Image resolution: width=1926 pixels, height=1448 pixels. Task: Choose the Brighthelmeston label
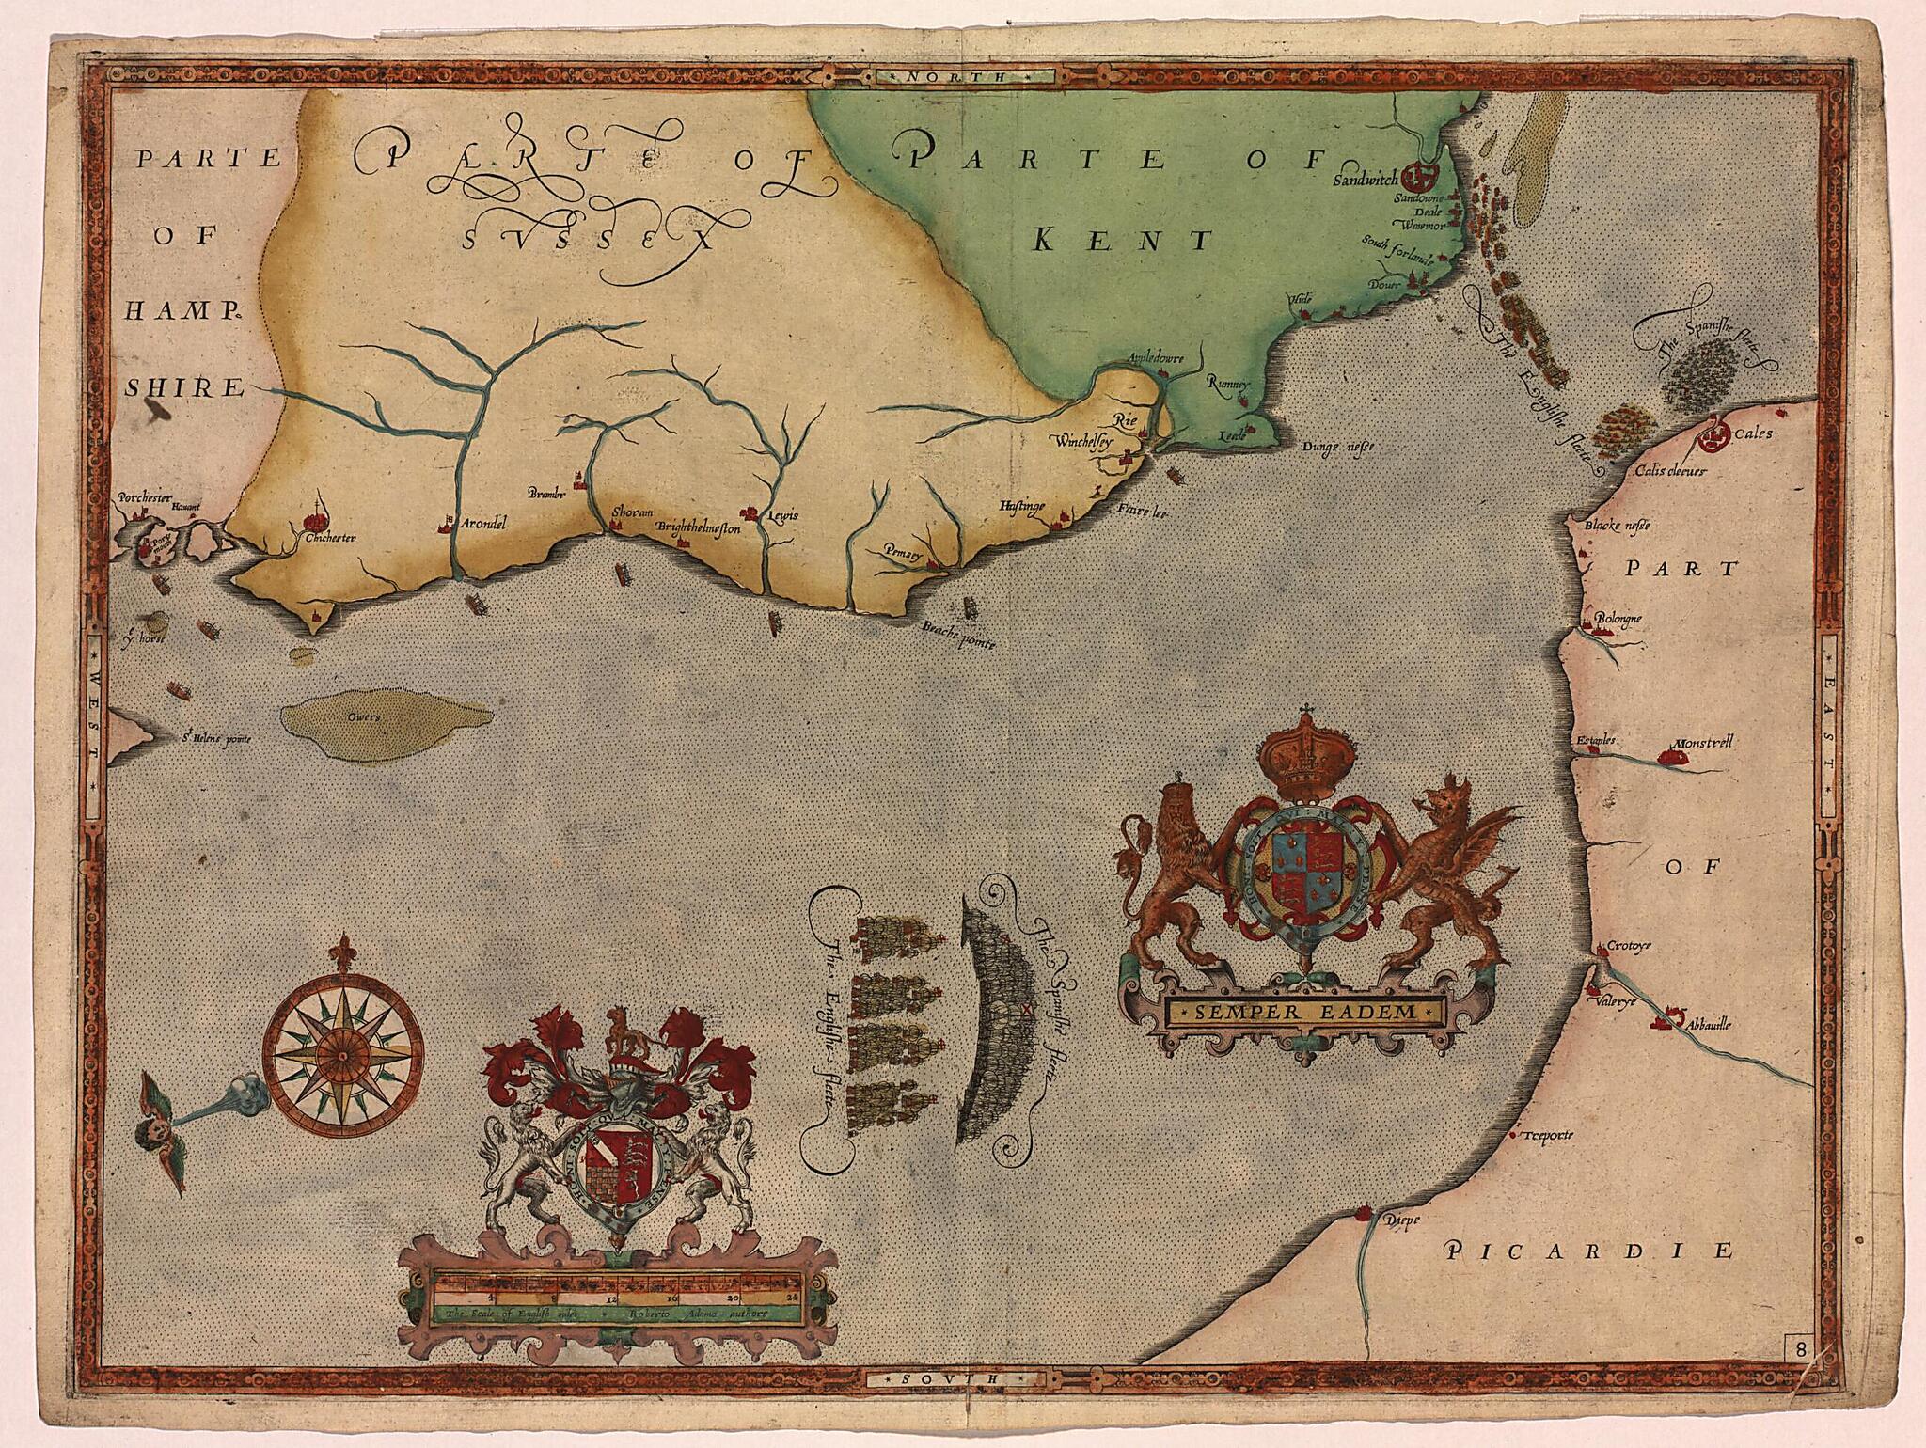(699, 528)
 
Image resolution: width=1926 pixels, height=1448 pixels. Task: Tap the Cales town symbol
(1714, 434)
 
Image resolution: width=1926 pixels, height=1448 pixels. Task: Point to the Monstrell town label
(1698, 742)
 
